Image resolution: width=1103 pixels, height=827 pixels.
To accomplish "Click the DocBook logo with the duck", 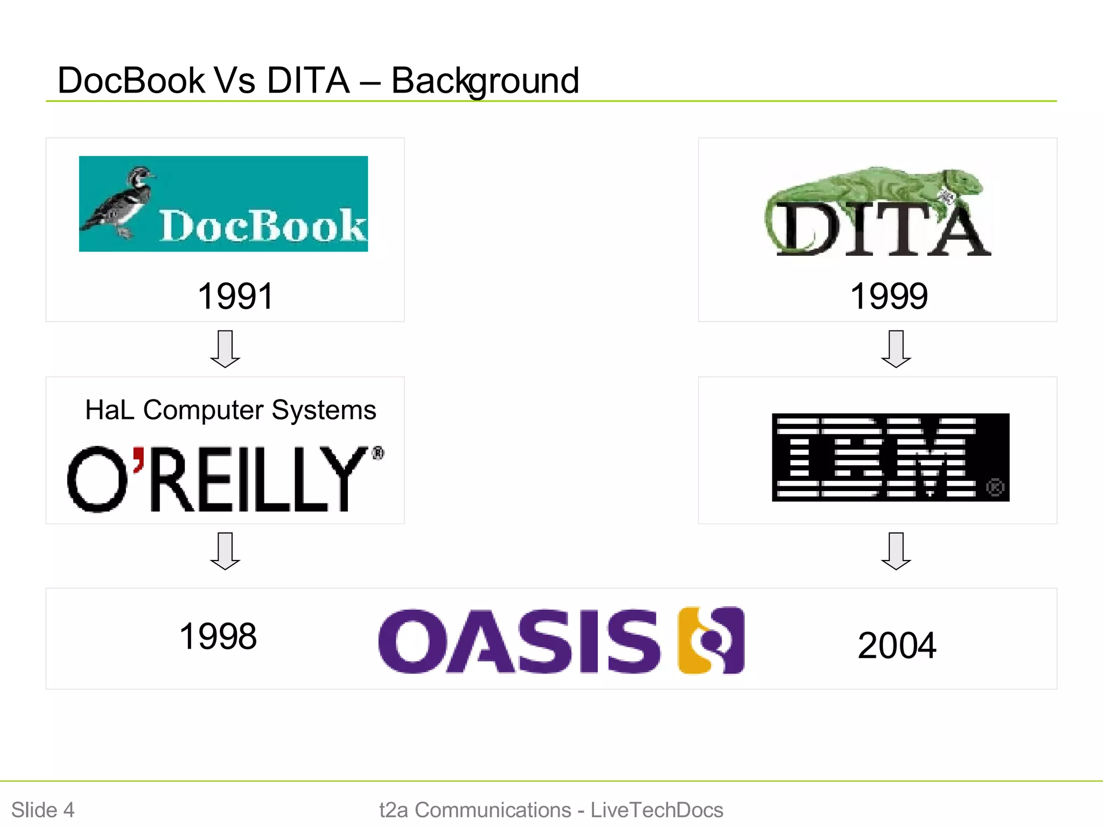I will pos(224,204).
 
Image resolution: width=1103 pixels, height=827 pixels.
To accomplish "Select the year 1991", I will pos(235,296).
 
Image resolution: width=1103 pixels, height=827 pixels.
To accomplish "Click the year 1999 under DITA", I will pos(889,296).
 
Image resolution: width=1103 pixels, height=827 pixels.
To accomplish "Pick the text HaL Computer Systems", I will pos(231,410).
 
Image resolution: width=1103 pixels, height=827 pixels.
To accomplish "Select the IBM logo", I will pos(890,457).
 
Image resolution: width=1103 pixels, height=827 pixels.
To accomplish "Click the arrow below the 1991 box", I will pos(225,349).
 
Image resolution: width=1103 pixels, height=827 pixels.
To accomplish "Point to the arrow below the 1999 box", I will pos(896,349).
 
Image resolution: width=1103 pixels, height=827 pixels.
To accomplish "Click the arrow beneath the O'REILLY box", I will pos(225,551).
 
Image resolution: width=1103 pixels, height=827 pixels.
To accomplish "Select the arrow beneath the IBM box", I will pos(896,551).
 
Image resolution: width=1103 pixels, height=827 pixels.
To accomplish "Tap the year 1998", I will pos(218,636).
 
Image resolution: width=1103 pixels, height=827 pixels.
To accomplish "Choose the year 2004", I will pos(897,646).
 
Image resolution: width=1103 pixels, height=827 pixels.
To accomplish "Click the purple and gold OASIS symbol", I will pos(711,640).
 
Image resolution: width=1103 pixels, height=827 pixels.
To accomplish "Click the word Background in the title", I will pos(485,81).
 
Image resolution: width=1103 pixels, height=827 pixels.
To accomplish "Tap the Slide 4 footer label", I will pos(43,810).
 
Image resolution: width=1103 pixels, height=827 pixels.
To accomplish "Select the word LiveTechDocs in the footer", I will pos(657,810).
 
